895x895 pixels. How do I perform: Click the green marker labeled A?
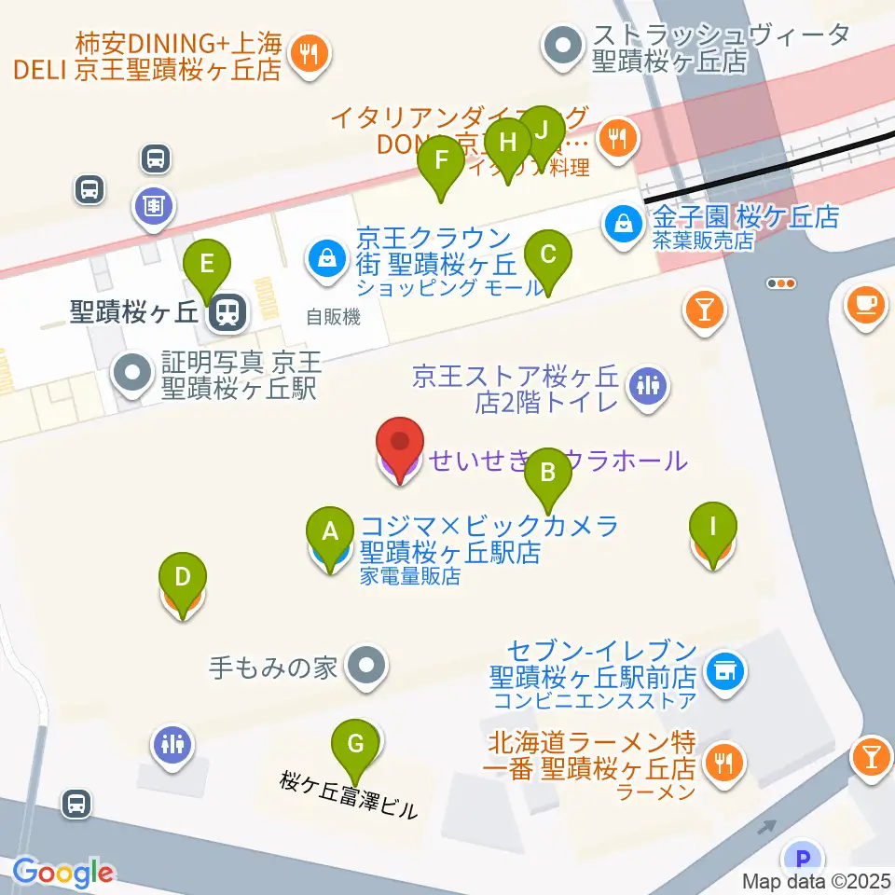(x=329, y=532)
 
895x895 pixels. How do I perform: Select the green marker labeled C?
(x=547, y=255)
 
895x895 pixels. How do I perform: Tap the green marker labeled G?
(x=354, y=745)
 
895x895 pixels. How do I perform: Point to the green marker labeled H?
(x=507, y=144)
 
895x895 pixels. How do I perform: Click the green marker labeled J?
(x=542, y=131)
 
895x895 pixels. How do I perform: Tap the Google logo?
(x=62, y=872)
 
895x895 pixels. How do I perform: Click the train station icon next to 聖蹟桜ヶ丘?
(x=226, y=313)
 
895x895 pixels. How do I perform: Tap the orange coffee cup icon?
(x=865, y=302)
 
